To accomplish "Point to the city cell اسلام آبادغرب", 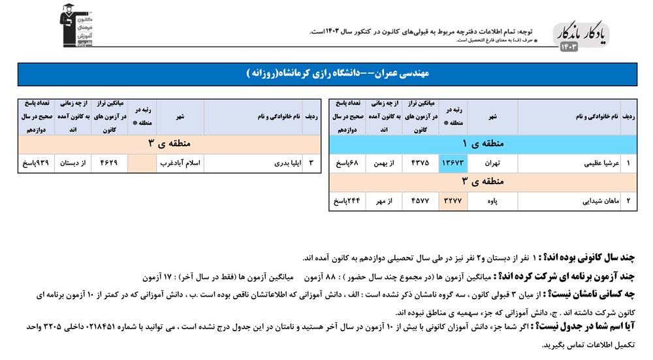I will (x=180, y=164).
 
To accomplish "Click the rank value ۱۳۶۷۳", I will (x=453, y=164).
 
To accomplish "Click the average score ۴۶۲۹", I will (x=109, y=164).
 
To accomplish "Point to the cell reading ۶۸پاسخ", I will (x=347, y=164).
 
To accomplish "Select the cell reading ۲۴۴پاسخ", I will (x=347, y=201).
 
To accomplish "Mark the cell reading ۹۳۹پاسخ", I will (x=35, y=164).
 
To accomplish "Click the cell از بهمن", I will (x=383, y=164).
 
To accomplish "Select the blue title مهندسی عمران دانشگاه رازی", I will (x=326, y=74).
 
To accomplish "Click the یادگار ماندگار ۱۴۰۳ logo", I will (x=579, y=38).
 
